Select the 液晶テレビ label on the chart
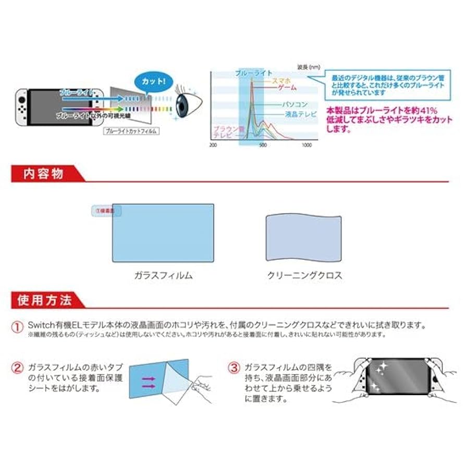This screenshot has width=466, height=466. pyautogui.click(x=301, y=114)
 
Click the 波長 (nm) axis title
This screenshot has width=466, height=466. pyautogui.click(x=309, y=67)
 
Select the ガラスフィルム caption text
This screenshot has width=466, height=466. pyautogui.click(x=163, y=276)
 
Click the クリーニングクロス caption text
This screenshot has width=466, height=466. pyautogui.click(x=304, y=276)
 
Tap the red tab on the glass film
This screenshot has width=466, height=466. pyautogui.click(x=106, y=211)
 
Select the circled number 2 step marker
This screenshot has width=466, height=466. pyautogui.click(x=18, y=369)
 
